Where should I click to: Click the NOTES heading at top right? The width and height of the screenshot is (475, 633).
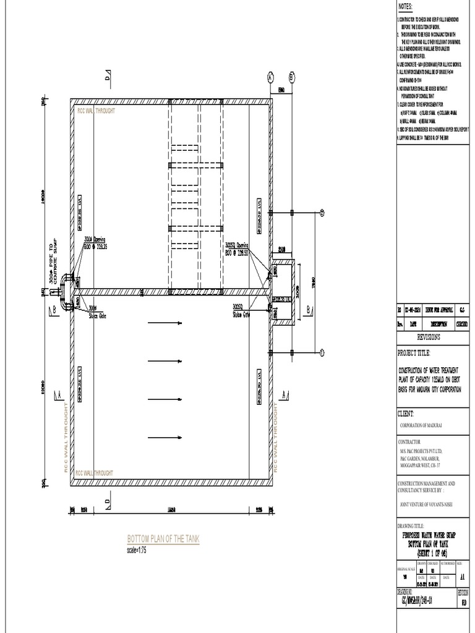[404, 6]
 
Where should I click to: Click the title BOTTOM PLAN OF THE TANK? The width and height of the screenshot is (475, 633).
[163, 540]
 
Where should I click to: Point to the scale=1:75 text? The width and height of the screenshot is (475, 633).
[136, 550]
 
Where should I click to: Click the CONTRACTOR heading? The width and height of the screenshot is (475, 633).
[409, 442]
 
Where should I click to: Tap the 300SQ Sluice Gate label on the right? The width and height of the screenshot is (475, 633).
[241, 310]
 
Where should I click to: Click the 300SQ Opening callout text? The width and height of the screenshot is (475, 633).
[237, 248]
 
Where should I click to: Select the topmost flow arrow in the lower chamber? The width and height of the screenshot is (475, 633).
[165, 323]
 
